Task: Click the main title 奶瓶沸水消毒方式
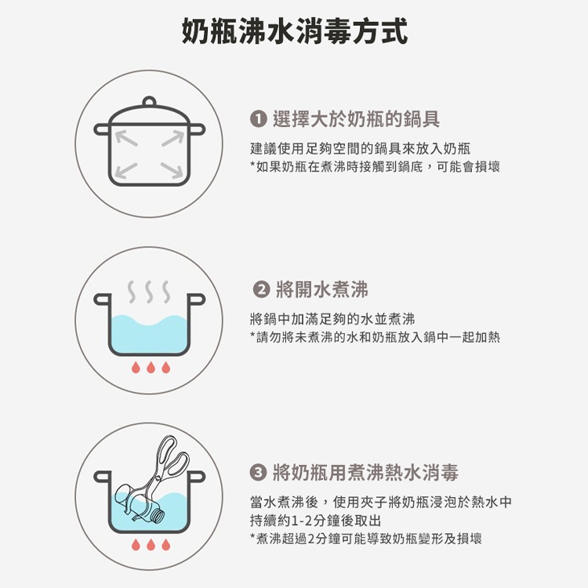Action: pyautogui.click(x=294, y=31)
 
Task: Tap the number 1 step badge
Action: pyautogui.click(x=259, y=119)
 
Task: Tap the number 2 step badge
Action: pyautogui.click(x=261, y=290)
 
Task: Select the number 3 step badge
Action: pyautogui.click(x=259, y=472)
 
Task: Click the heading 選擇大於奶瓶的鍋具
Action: pyautogui.click(x=356, y=119)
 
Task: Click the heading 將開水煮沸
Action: pyautogui.click(x=322, y=290)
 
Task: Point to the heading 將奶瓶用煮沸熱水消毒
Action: pyautogui.click(x=365, y=472)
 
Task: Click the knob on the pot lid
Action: pyautogui.click(x=149, y=102)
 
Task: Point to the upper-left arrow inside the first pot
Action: pyautogui.click(x=126, y=138)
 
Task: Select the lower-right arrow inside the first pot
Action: pyautogui.click(x=172, y=170)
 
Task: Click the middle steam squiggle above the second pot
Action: pyautogui.click(x=149, y=292)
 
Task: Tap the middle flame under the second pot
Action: pyautogui.click(x=151, y=368)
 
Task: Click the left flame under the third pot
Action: pyautogui.click(x=136, y=545)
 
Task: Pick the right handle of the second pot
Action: pyautogui.click(x=197, y=299)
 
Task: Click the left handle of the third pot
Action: pyautogui.click(x=103, y=477)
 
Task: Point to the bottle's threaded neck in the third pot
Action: pyautogui.click(x=158, y=517)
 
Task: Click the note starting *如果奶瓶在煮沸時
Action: pyautogui.click(x=375, y=167)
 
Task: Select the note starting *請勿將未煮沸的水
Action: pyautogui.click(x=375, y=337)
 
